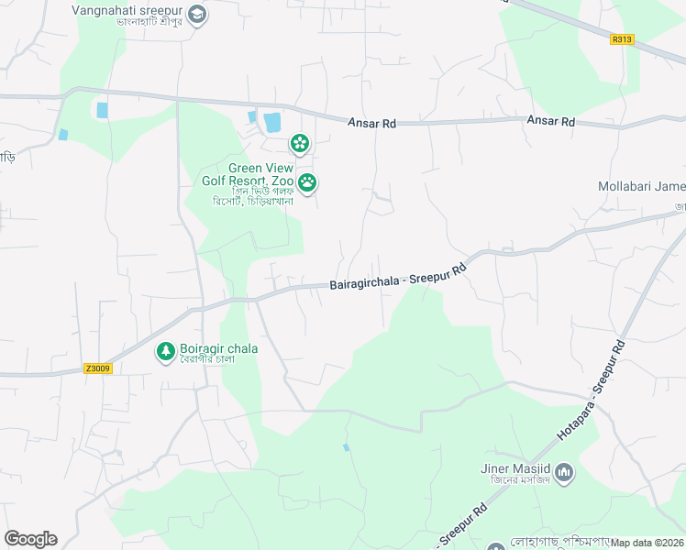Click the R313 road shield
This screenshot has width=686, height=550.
[x=622, y=39]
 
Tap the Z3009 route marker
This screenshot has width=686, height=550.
[x=97, y=368]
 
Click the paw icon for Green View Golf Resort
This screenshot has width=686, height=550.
[x=307, y=183]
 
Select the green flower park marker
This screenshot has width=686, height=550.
[x=298, y=143]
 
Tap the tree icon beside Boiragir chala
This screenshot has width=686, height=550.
[x=165, y=351]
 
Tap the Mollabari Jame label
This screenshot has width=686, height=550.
[x=641, y=186]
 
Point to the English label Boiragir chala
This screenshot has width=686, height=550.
[x=219, y=348]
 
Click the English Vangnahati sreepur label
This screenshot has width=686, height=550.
[x=127, y=10]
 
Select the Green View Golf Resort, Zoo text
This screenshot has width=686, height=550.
[x=248, y=174]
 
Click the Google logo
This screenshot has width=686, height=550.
[x=30, y=539]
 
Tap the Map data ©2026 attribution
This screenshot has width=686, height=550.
[x=647, y=543]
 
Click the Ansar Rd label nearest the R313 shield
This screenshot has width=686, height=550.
[x=550, y=121]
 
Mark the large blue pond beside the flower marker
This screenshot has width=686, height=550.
[x=272, y=122]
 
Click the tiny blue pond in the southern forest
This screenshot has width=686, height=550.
[x=346, y=447]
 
